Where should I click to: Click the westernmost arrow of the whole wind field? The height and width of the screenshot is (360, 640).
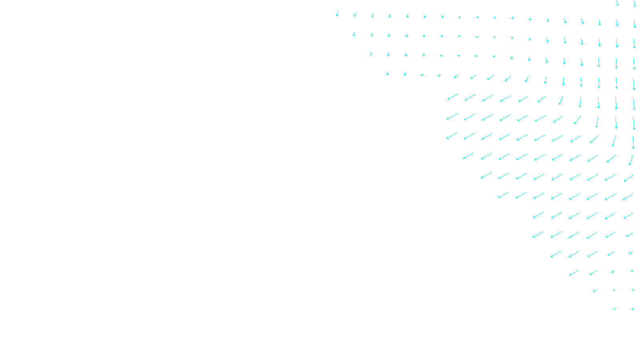point(337,14)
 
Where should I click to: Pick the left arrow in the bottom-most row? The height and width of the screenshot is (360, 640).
point(615,309)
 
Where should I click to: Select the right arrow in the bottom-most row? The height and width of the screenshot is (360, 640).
point(633,309)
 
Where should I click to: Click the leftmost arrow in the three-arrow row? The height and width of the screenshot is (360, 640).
point(595,291)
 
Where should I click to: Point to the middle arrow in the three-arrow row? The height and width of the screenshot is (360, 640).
point(614,290)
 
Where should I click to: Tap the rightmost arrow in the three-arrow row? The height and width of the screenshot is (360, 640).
point(633,290)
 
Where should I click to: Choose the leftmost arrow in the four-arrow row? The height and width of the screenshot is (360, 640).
point(574,273)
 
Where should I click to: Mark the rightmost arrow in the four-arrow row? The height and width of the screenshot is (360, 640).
point(632,271)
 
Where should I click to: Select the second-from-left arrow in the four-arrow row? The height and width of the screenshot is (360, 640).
point(593,273)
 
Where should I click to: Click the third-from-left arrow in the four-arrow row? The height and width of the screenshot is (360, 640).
point(612,272)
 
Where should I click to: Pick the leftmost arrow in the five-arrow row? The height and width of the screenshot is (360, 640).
point(556,254)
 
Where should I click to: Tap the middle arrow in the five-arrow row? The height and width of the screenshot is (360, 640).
point(592,254)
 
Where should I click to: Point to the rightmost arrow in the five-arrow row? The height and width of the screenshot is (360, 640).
point(631,253)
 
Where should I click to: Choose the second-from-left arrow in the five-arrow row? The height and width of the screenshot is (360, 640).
point(574,254)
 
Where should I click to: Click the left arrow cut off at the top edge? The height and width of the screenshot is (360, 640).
point(617,3)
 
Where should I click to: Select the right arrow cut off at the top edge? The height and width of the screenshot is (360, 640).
point(635,4)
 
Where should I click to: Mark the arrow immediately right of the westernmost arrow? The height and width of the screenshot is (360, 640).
point(355,15)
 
